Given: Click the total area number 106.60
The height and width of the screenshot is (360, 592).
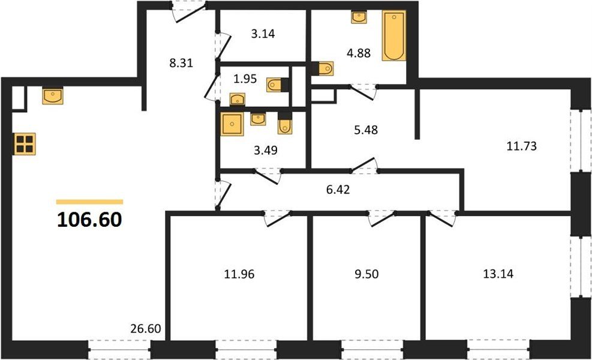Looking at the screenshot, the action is [x=89, y=220].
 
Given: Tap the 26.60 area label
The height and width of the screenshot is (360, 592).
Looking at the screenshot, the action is [x=145, y=329].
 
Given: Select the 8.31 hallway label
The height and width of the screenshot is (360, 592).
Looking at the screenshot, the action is [x=181, y=63].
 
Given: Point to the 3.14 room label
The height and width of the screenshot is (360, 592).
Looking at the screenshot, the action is [x=263, y=34].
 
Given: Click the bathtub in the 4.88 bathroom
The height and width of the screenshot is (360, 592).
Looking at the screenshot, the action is [x=394, y=35].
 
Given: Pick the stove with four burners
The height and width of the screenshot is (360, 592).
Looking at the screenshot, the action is [x=25, y=144].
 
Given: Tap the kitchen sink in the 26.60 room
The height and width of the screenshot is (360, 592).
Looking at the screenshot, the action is [x=52, y=96].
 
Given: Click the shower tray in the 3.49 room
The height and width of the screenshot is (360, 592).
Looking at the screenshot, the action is [x=232, y=124].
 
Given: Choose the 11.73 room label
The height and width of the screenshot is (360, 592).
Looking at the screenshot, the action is [x=521, y=146].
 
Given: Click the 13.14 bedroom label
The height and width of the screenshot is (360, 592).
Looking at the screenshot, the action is [x=498, y=274].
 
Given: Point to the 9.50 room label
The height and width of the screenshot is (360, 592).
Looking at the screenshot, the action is [x=366, y=274].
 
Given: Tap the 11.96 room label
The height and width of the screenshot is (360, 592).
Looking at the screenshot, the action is [x=239, y=274].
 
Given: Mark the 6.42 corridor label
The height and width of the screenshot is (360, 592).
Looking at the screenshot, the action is [x=338, y=189].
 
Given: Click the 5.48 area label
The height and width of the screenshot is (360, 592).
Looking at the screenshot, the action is [x=366, y=130].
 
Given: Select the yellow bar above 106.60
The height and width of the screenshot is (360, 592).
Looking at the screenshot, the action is [x=90, y=202].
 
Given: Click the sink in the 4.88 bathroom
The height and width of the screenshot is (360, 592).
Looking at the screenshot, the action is [x=359, y=17].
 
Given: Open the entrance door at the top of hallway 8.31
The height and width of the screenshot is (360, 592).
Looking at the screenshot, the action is [x=189, y=11].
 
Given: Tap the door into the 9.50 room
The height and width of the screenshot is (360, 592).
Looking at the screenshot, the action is [x=381, y=218].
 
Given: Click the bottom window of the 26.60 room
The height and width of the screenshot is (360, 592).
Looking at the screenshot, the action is [x=119, y=350].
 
